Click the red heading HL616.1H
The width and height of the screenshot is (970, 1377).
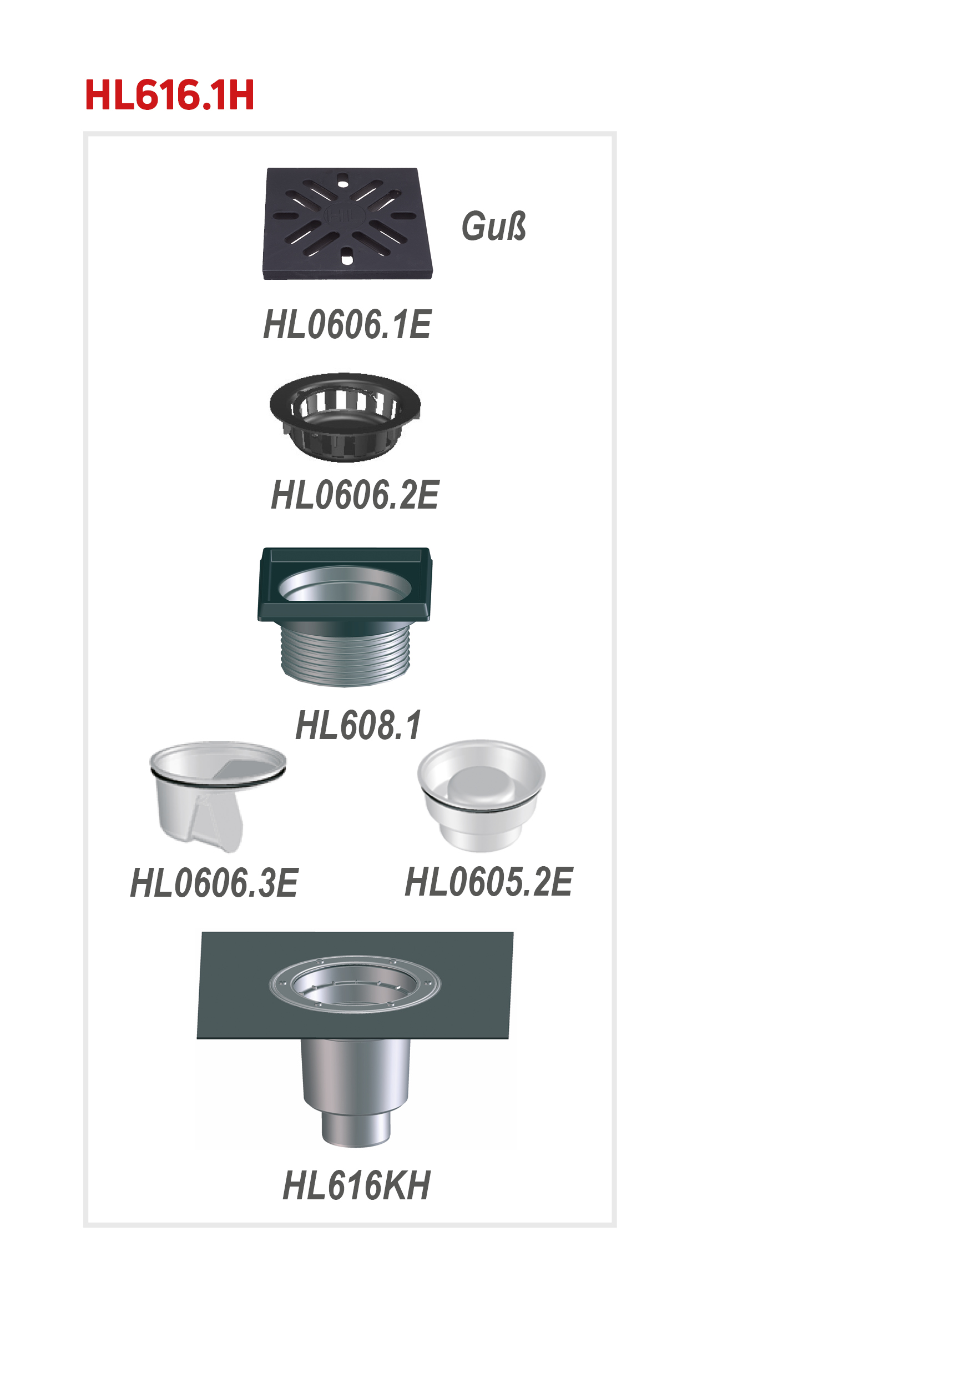pos(170,95)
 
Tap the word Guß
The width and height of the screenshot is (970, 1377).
pos(493,226)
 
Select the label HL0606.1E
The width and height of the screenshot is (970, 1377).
pos(347,324)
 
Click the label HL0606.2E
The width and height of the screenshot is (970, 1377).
pos(355,495)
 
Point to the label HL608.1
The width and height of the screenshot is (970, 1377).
pos(358,725)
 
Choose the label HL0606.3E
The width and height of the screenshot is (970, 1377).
pos(214,883)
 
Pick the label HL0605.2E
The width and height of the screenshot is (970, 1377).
pos(488,882)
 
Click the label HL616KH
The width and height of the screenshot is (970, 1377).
pos(357,1185)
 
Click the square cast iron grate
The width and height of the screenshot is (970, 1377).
pos(348,223)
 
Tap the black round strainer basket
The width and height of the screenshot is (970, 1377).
pos(345,418)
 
